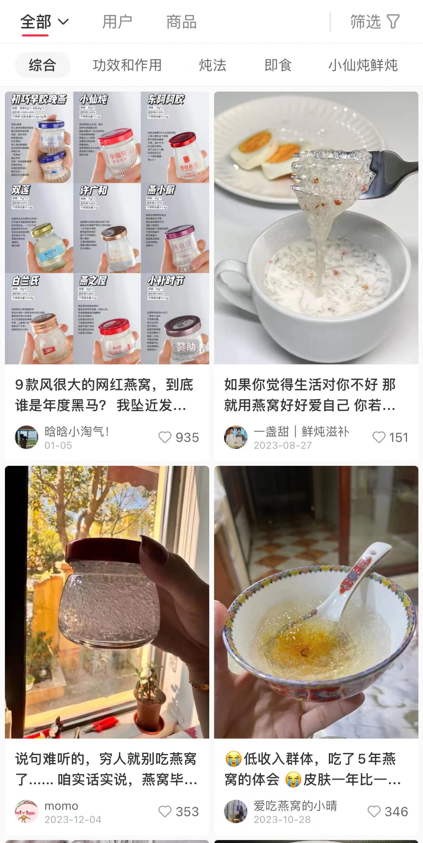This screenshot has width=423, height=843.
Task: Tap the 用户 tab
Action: point(117,22)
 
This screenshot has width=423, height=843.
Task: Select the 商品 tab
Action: point(181,22)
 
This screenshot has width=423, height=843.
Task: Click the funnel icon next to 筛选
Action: point(393,22)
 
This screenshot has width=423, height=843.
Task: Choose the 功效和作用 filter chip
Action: point(127,65)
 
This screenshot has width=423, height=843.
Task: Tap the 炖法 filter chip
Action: point(213,65)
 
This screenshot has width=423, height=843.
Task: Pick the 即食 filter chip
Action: point(278,65)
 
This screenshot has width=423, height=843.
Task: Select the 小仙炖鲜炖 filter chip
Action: point(363,65)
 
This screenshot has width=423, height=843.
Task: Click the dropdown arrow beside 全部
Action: point(63,22)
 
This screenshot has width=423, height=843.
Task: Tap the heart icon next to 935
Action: point(165,437)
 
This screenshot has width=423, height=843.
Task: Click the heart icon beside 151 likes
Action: point(379,437)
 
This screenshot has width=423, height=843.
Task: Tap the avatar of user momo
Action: point(26,811)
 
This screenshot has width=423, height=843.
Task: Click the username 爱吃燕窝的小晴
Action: point(295,806)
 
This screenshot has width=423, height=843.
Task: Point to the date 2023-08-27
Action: point(283,445)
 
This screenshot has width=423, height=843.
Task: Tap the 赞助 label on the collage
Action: point(186,346)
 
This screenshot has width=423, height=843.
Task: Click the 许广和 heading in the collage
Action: point(94,190)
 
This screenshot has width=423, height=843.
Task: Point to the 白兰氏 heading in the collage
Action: point(25,281)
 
